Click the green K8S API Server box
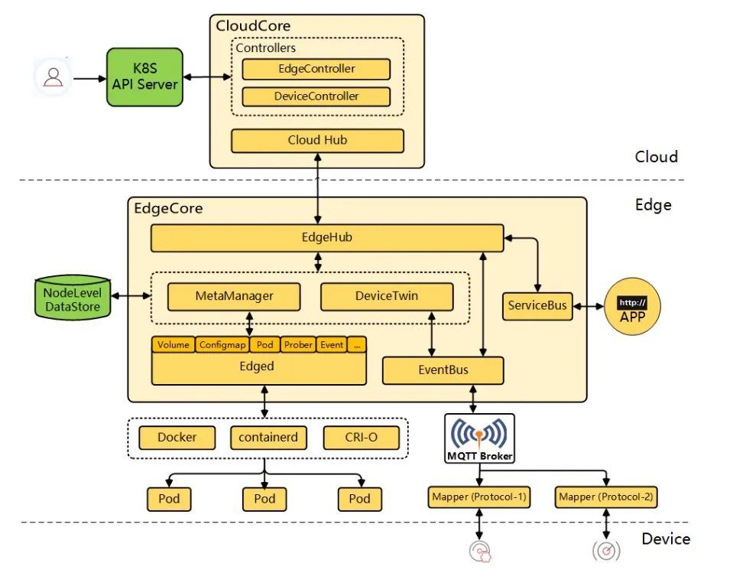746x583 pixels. pyautogui.click(x=144, y=77)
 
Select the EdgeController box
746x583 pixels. pyautogui.click(x=316, y=69)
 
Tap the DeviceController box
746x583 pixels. pyautogui.click(x=316, y=96)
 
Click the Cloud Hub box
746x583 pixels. pyautogui.click(x=317, y=140)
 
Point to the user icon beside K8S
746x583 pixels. pyautogui.click(x=53, y=77)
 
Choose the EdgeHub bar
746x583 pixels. pyautogui.click(x=326, y=238)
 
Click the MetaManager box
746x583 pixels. pyautogui.click(x=234, y=296)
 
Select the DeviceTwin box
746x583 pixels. pyautogui.click(x=386, y=296)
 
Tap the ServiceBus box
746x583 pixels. pyautogui.click(x=538, y=306)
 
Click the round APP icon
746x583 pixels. pyautogui.click(x=632, y=308)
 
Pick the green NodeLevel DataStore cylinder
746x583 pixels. pyautogui.click(x=73, y=299)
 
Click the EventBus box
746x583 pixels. pyautogui.click(x=443, y=370)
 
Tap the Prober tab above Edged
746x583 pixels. pyautogui.click(x=298, y=345)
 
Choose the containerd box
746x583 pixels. pyautogui.click(x=264, y=438)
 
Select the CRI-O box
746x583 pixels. pyautogui.click(x=359, y=438)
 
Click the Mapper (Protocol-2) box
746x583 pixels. pyautogui.click(x=605, y=497)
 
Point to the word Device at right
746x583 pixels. pyautogui.click(x=666, y=539)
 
